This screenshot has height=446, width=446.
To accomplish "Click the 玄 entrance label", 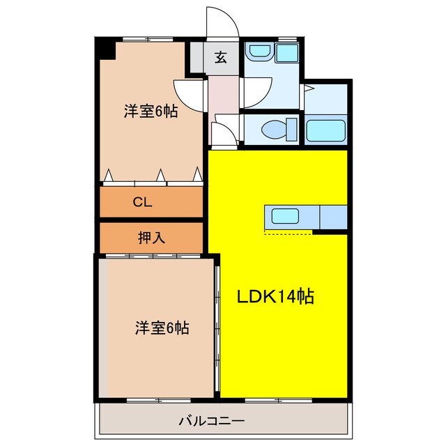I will (221, 59).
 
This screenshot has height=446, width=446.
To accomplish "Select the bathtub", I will (326, 130).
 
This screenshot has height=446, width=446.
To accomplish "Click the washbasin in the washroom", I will (260, 52).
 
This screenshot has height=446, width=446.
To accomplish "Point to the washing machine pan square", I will (286, 53).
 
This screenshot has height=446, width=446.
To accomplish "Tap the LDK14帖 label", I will (276, 297).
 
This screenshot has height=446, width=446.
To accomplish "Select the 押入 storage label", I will (151, 238).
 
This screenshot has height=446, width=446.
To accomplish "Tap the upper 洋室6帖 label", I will (151, 111).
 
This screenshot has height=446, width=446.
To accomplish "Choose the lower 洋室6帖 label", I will (162, 327).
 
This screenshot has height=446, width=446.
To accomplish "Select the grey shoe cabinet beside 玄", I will (196, 59).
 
